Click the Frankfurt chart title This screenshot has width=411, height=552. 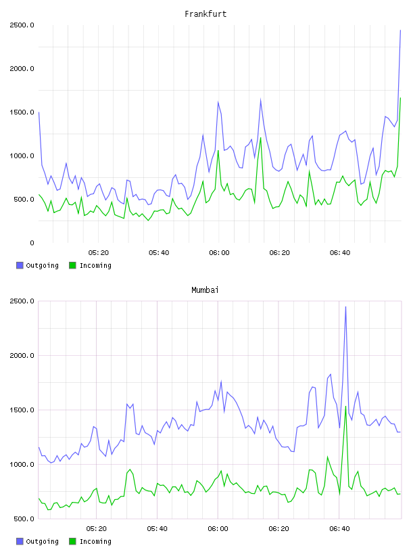[205, 14]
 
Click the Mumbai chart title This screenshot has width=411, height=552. [205, 290]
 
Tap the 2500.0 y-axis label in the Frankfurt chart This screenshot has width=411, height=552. [22, 25]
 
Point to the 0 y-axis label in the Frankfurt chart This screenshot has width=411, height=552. [32, 243]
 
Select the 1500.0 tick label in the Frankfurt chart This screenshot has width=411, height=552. [22, 112]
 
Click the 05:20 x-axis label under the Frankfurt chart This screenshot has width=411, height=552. [99, 253]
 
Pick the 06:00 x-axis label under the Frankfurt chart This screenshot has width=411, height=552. [219, 253]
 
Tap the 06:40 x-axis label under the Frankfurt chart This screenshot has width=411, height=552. [340, 253]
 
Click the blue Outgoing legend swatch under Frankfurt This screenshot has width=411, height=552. [20, 265]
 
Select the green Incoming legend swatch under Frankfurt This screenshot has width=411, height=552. [72, 265]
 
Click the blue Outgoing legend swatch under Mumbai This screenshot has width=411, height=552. [20, 541]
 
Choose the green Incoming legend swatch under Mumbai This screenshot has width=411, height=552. [72, 541]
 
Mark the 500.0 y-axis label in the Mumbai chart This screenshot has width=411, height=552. [22, 519]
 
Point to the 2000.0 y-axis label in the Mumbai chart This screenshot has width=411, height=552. [22, 356]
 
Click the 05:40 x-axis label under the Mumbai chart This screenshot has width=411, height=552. [157, 529]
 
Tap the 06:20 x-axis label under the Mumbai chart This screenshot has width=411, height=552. [279, 529]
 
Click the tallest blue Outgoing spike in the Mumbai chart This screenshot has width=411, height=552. [345, 307]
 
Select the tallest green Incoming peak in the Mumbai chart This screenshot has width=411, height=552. [345, 407]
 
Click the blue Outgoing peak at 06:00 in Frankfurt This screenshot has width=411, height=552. [218, 102]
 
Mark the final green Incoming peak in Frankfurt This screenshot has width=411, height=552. [400, 98]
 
